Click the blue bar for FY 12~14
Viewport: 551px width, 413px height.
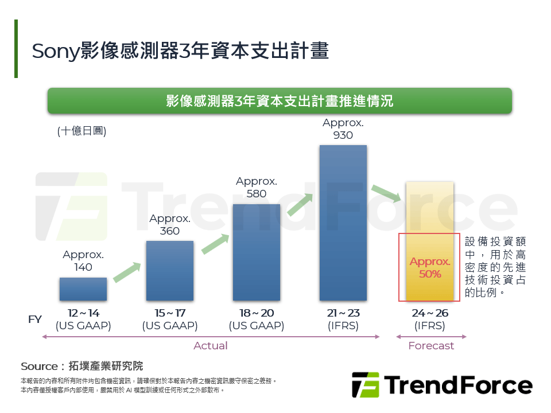click(x=83, y=289)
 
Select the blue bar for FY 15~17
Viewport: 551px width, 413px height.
click(x=170, y=271)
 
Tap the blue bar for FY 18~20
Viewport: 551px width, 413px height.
click(x=257, y=252)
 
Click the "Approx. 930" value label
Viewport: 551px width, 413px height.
click(x=343, y=129)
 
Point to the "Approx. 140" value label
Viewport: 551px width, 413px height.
click(x=83, y=261)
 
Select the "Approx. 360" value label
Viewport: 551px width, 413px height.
click(x=170, y=225)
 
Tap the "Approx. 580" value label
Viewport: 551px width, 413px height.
click(x=257, y=188)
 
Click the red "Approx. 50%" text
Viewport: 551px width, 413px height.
click(x=430, y=268)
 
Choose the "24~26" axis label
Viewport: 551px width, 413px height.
click(x=430, y=313)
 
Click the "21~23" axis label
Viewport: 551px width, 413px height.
click(x=343, y=313)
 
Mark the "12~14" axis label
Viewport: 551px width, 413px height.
click(x=83, y=313)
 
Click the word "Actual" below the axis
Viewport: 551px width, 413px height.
click(x=211, y=346)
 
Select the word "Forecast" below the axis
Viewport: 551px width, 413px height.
click(x=431, y=346)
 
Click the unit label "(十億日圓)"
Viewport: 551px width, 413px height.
click(x=82, y=131)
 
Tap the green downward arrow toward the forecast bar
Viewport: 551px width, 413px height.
click(x=386, y=193)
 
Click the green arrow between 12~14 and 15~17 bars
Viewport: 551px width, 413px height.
click(x=127, y=272)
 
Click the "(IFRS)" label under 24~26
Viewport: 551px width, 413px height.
click(x=430, y=326)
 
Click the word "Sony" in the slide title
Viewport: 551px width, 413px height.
click(x=53, y=51)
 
